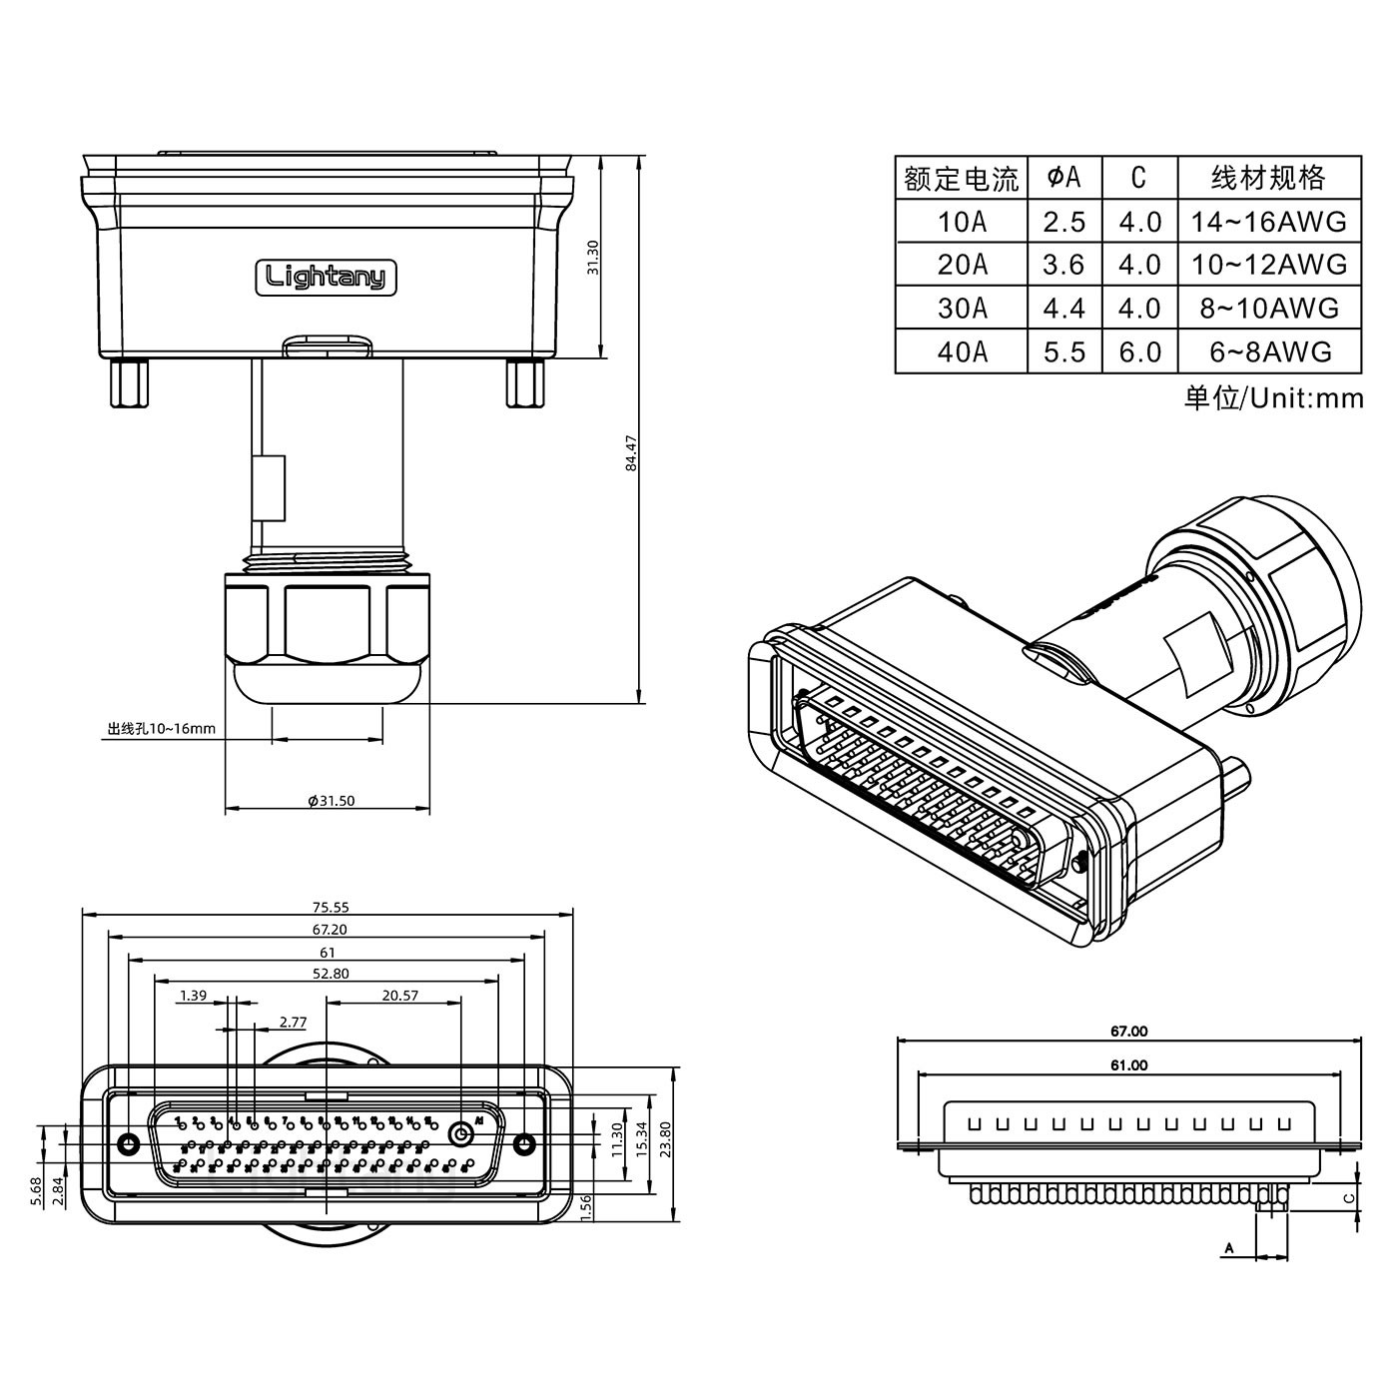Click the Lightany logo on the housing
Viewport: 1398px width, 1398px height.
(327, 277)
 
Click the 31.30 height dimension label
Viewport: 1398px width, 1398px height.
(592, 258)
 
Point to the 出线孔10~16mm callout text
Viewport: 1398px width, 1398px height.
(162, 728)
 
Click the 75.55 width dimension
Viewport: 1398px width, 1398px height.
(330, 908)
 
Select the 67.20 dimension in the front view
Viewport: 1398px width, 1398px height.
(330, 930)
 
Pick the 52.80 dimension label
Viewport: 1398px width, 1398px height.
(330, 974)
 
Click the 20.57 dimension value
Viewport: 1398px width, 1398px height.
(399, 996)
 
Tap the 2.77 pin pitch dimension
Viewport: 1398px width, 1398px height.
(293, 1022)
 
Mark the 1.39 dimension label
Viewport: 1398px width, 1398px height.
(193, 996)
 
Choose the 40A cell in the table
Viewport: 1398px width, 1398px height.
(962, 352)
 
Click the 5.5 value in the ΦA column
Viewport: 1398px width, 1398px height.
(1063, 352)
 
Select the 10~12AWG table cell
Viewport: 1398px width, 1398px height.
(1268, 265)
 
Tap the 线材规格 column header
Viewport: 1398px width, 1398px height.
(1268, 178)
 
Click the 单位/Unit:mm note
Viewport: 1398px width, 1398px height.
(1273, 398)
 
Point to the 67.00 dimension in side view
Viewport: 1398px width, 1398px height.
(1128, 1032)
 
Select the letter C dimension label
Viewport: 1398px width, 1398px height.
(1348, 1198)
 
